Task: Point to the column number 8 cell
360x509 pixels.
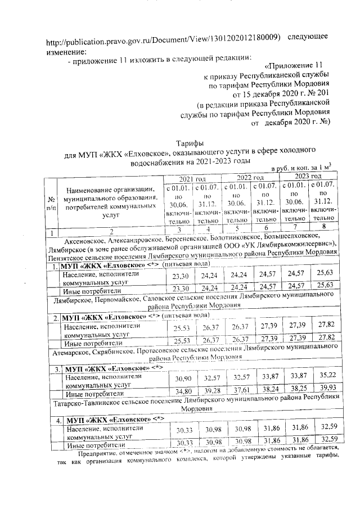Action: pos(323,228)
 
